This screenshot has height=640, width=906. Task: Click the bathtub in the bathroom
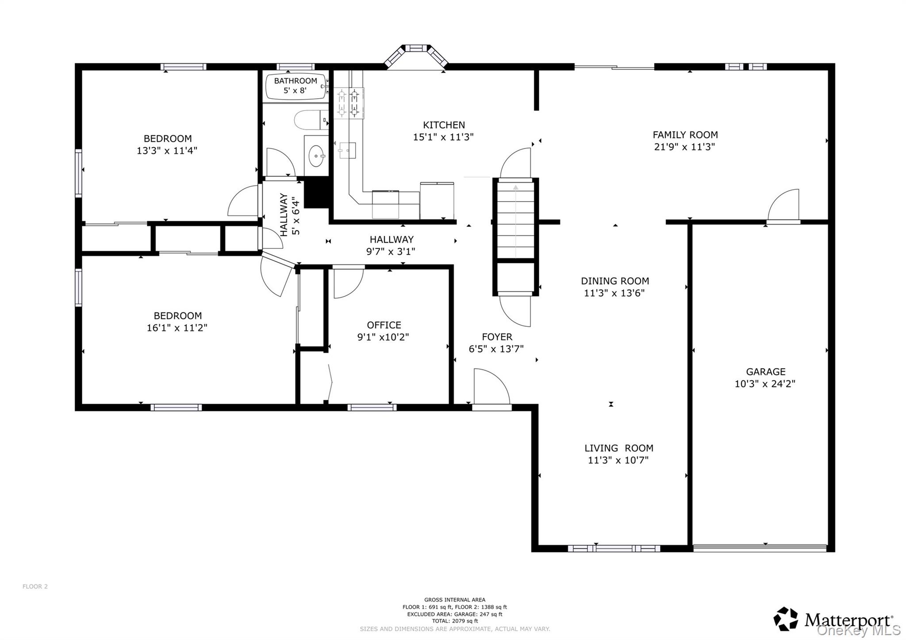pos(296,87)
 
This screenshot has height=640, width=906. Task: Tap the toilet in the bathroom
pos(310,120)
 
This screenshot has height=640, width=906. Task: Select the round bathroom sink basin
pos(316,156)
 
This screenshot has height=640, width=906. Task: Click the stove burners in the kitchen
pos(349,103)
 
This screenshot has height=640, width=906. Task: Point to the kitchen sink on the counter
pos(347,150)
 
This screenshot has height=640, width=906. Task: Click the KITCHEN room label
pos(444,125)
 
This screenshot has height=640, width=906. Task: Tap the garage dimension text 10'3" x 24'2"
pos(765,384)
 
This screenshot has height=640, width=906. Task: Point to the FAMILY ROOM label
pos(685,135)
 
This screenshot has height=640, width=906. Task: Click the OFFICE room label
pos(384,325)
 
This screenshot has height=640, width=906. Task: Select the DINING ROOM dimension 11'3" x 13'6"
pos(614,293)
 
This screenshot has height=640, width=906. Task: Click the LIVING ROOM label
pos(618,448)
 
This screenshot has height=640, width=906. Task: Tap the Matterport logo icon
pos(786,619)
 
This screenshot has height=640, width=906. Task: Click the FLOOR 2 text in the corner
pos(35,586)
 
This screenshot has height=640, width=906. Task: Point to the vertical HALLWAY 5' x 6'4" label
pos(290,215)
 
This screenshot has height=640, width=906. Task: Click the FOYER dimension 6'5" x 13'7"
pos(496,349)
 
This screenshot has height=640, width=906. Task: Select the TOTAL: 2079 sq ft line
pos(455,621)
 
